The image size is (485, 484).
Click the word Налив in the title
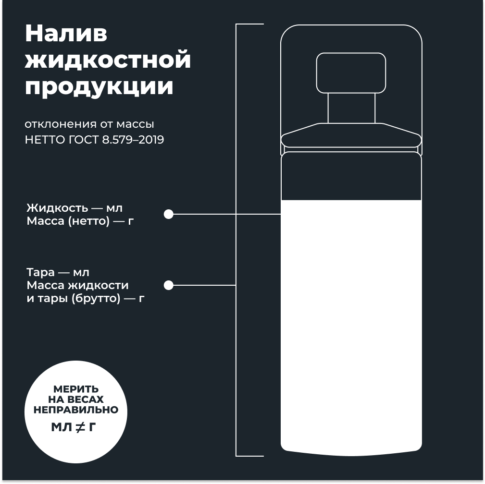66,34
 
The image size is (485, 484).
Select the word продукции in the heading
99,86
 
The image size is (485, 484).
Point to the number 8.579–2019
133,140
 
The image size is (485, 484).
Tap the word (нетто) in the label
89,221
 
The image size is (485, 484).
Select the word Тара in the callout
40,272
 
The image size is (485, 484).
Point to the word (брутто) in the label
96,299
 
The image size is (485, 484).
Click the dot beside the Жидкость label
169,214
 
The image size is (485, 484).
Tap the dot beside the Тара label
169,285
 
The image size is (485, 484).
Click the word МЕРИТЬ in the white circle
76,389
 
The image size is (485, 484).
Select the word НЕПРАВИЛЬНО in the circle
76,410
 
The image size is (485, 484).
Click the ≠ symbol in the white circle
80,427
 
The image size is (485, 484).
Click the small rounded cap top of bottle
351,73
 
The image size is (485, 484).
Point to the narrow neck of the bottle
351,108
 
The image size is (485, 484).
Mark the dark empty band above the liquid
351,176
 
